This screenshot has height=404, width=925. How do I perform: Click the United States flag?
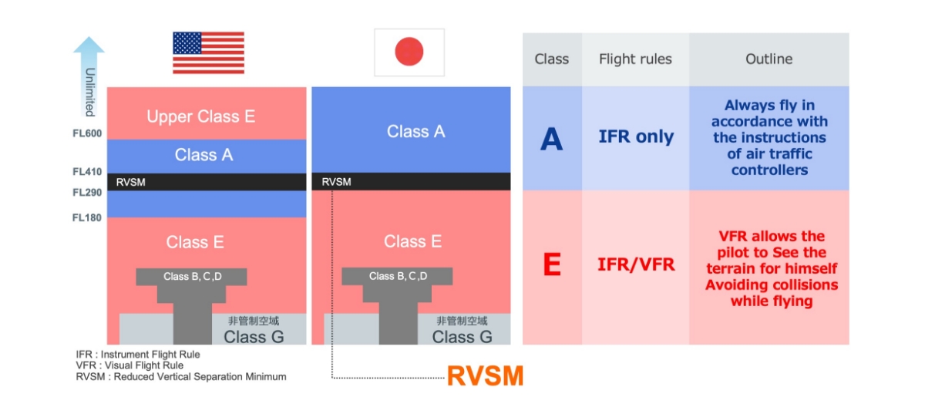point(209,53)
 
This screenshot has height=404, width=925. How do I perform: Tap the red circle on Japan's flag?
point(409,52)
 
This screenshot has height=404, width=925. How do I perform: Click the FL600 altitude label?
point(87,133)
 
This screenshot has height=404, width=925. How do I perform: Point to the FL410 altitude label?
point(87,172)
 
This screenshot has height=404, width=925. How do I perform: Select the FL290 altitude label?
point(87,193)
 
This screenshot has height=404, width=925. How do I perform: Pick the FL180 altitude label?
point(87,217)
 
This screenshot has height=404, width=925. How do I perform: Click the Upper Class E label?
point(201,116)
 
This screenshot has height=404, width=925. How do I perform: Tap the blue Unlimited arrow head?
point(89,45)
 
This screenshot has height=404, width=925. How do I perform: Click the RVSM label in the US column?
point(130,182)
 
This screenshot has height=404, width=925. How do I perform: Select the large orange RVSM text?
point(485,375)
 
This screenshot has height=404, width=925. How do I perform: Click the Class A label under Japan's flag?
point(415,132)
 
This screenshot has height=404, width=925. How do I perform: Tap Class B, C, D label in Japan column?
point(398,276)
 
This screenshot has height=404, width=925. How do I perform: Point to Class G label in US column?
point(254,337)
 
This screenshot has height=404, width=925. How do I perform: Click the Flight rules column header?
point(635,59)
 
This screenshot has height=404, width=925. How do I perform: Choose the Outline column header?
point(769,59)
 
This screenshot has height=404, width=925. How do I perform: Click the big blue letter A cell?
point(552,139)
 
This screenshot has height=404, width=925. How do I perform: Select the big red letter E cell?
point(552,264)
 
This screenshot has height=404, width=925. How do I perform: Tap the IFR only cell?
point(636,136)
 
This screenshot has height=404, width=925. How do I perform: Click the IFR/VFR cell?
point(636,264)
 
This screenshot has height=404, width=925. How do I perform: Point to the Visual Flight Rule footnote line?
point(129,365)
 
